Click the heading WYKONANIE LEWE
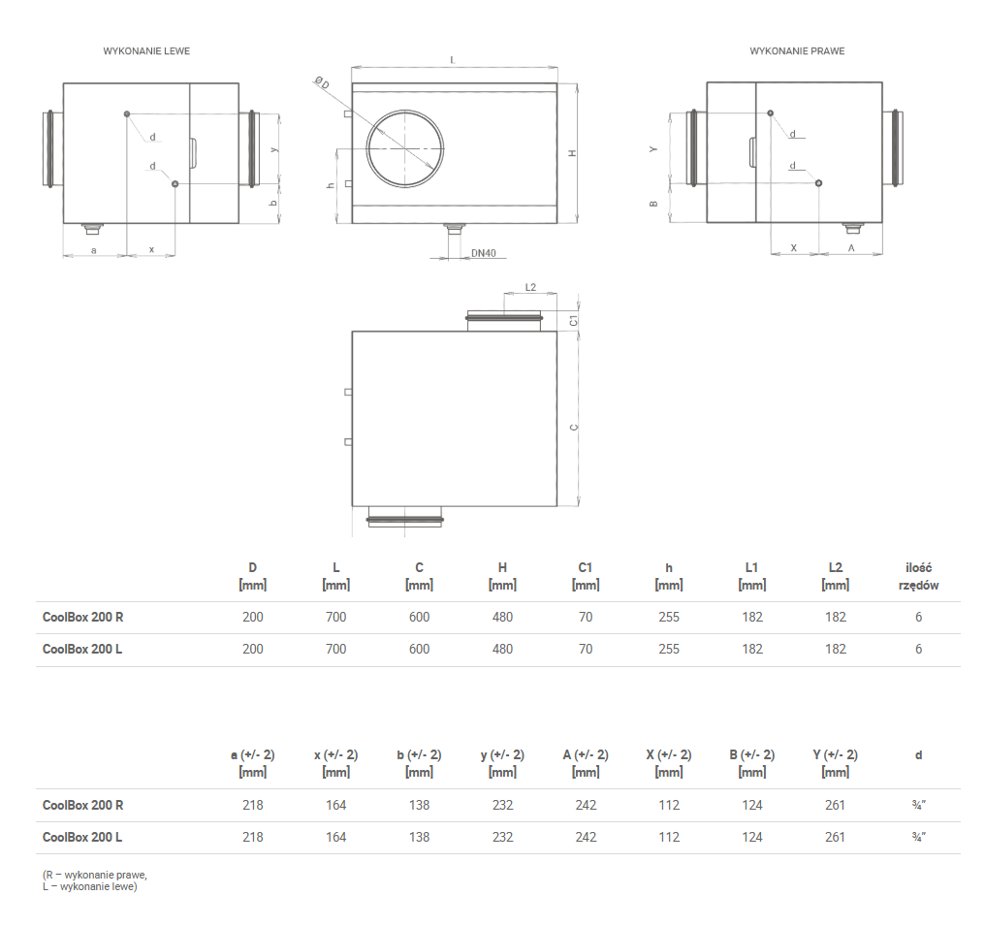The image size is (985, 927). [x=146, y=50]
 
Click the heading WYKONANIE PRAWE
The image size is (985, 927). [x=797, y=50]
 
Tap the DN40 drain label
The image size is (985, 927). [x=483, y=253]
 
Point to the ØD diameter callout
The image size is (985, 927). [x=322, y=82]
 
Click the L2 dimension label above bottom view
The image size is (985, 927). [x=530, y=287]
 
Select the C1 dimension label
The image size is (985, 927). [x=573, y=320]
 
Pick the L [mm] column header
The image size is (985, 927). [x=335, y=576]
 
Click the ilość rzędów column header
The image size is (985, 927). [x=918, y=576]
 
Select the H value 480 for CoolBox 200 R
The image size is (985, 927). [x=502, y=617]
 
